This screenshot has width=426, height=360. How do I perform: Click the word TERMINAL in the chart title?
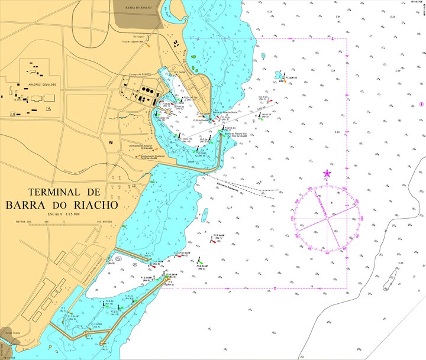coord(54,192)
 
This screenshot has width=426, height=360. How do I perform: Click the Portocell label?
coord(140,37)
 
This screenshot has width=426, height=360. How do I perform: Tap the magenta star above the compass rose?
coord(327,173)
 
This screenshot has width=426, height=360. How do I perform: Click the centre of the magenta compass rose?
coord(326,218)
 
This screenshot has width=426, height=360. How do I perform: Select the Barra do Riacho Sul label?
coord(235,134)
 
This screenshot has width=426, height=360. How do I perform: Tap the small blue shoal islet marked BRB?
coord(279,75)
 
